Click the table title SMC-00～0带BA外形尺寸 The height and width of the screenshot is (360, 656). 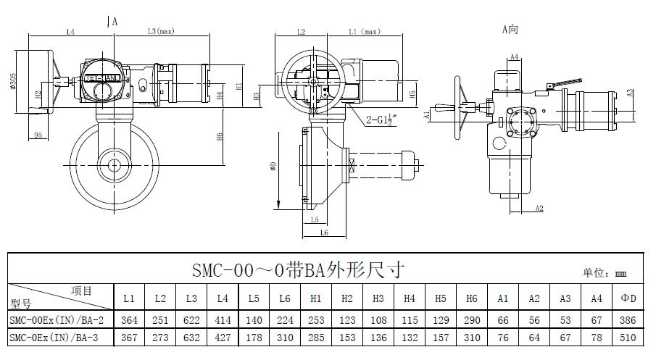click(298, 270)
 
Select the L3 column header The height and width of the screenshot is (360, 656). click(191, 298)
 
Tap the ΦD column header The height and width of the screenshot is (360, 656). click(627, 298)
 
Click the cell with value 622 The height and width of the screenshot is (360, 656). click(191, 319)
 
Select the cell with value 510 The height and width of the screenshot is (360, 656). click(627, 338)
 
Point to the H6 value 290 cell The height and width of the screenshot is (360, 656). click(472, 319)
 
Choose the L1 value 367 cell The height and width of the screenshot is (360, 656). click(128, 338)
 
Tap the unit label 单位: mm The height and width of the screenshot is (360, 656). click(604, 273)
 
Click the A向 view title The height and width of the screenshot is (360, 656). click(510, 29)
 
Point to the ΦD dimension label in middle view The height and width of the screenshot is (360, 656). click(273, 165)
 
